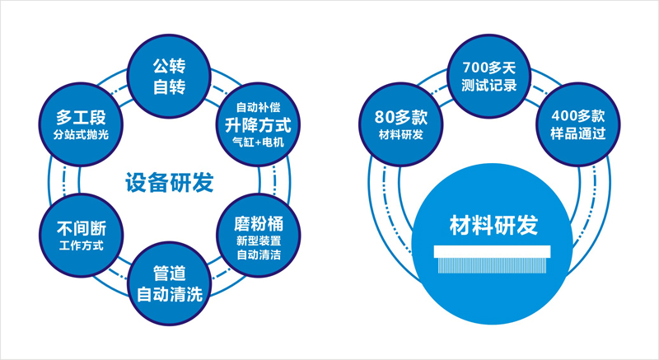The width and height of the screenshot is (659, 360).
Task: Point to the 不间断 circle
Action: point(75,236)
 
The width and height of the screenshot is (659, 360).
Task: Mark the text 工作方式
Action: point(75,245)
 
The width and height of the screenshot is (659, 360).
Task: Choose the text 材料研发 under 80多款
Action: point(400,134)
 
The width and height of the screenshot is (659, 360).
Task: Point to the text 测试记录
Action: point(489,85)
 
